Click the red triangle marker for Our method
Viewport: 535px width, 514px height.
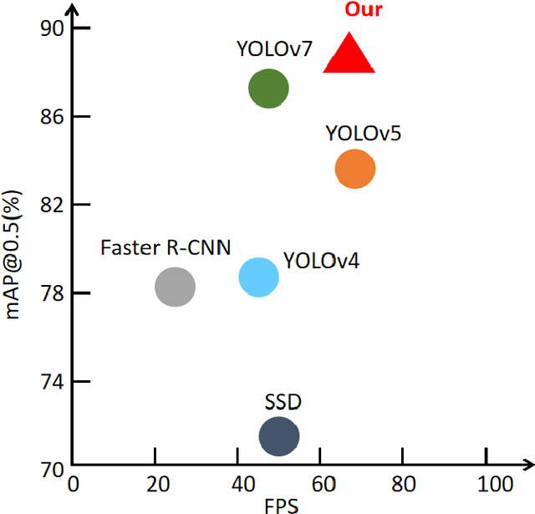click(348, 56)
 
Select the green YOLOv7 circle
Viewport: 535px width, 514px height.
click(268, 89)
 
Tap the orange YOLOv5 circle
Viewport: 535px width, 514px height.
click(355, 169)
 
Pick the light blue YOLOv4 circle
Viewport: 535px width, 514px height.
click(258, 277)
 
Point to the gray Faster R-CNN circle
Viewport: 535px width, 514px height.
click(175, 288)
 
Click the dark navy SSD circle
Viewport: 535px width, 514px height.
click(279, 435)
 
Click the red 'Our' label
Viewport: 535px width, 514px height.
click(363, 10)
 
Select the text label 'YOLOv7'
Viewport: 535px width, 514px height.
click(273, 48)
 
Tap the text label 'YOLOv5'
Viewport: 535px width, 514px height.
click(363, 132)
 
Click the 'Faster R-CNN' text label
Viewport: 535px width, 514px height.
click(166, 247)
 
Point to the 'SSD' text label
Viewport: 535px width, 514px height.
click(283, 403)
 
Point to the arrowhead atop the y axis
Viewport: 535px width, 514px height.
click(72, 10)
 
